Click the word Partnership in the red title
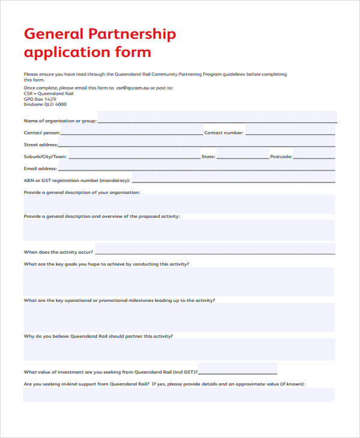point(132,34)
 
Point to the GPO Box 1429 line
point(43,98)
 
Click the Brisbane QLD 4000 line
point(45,104)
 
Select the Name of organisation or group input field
point(217,117)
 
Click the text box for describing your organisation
point(179,204)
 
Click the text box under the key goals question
point(179,281)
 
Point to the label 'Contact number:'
point(224,133)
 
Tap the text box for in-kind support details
point(179,394)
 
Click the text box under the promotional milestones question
point(179,317)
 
